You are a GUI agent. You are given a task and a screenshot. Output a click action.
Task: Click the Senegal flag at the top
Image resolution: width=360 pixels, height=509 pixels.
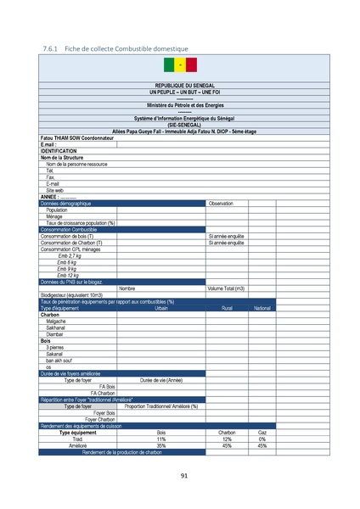pos(179,65)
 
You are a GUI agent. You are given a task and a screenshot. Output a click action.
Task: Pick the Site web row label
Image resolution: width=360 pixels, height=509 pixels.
pos(55,190)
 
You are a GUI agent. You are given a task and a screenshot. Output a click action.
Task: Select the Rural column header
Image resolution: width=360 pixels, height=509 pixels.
pos(227,308)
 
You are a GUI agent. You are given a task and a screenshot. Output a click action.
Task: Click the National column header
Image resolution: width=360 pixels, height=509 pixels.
pos(262,308)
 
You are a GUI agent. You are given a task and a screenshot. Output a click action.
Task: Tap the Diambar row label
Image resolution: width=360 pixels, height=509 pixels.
pos(56,334)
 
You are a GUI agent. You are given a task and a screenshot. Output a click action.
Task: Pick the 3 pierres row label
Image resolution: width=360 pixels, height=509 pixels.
pos(54,347)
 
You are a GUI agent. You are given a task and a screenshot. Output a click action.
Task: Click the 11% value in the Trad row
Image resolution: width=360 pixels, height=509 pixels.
pos(161,439)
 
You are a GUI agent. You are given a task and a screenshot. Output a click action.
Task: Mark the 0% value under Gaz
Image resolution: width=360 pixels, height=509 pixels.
pos(262,439)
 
